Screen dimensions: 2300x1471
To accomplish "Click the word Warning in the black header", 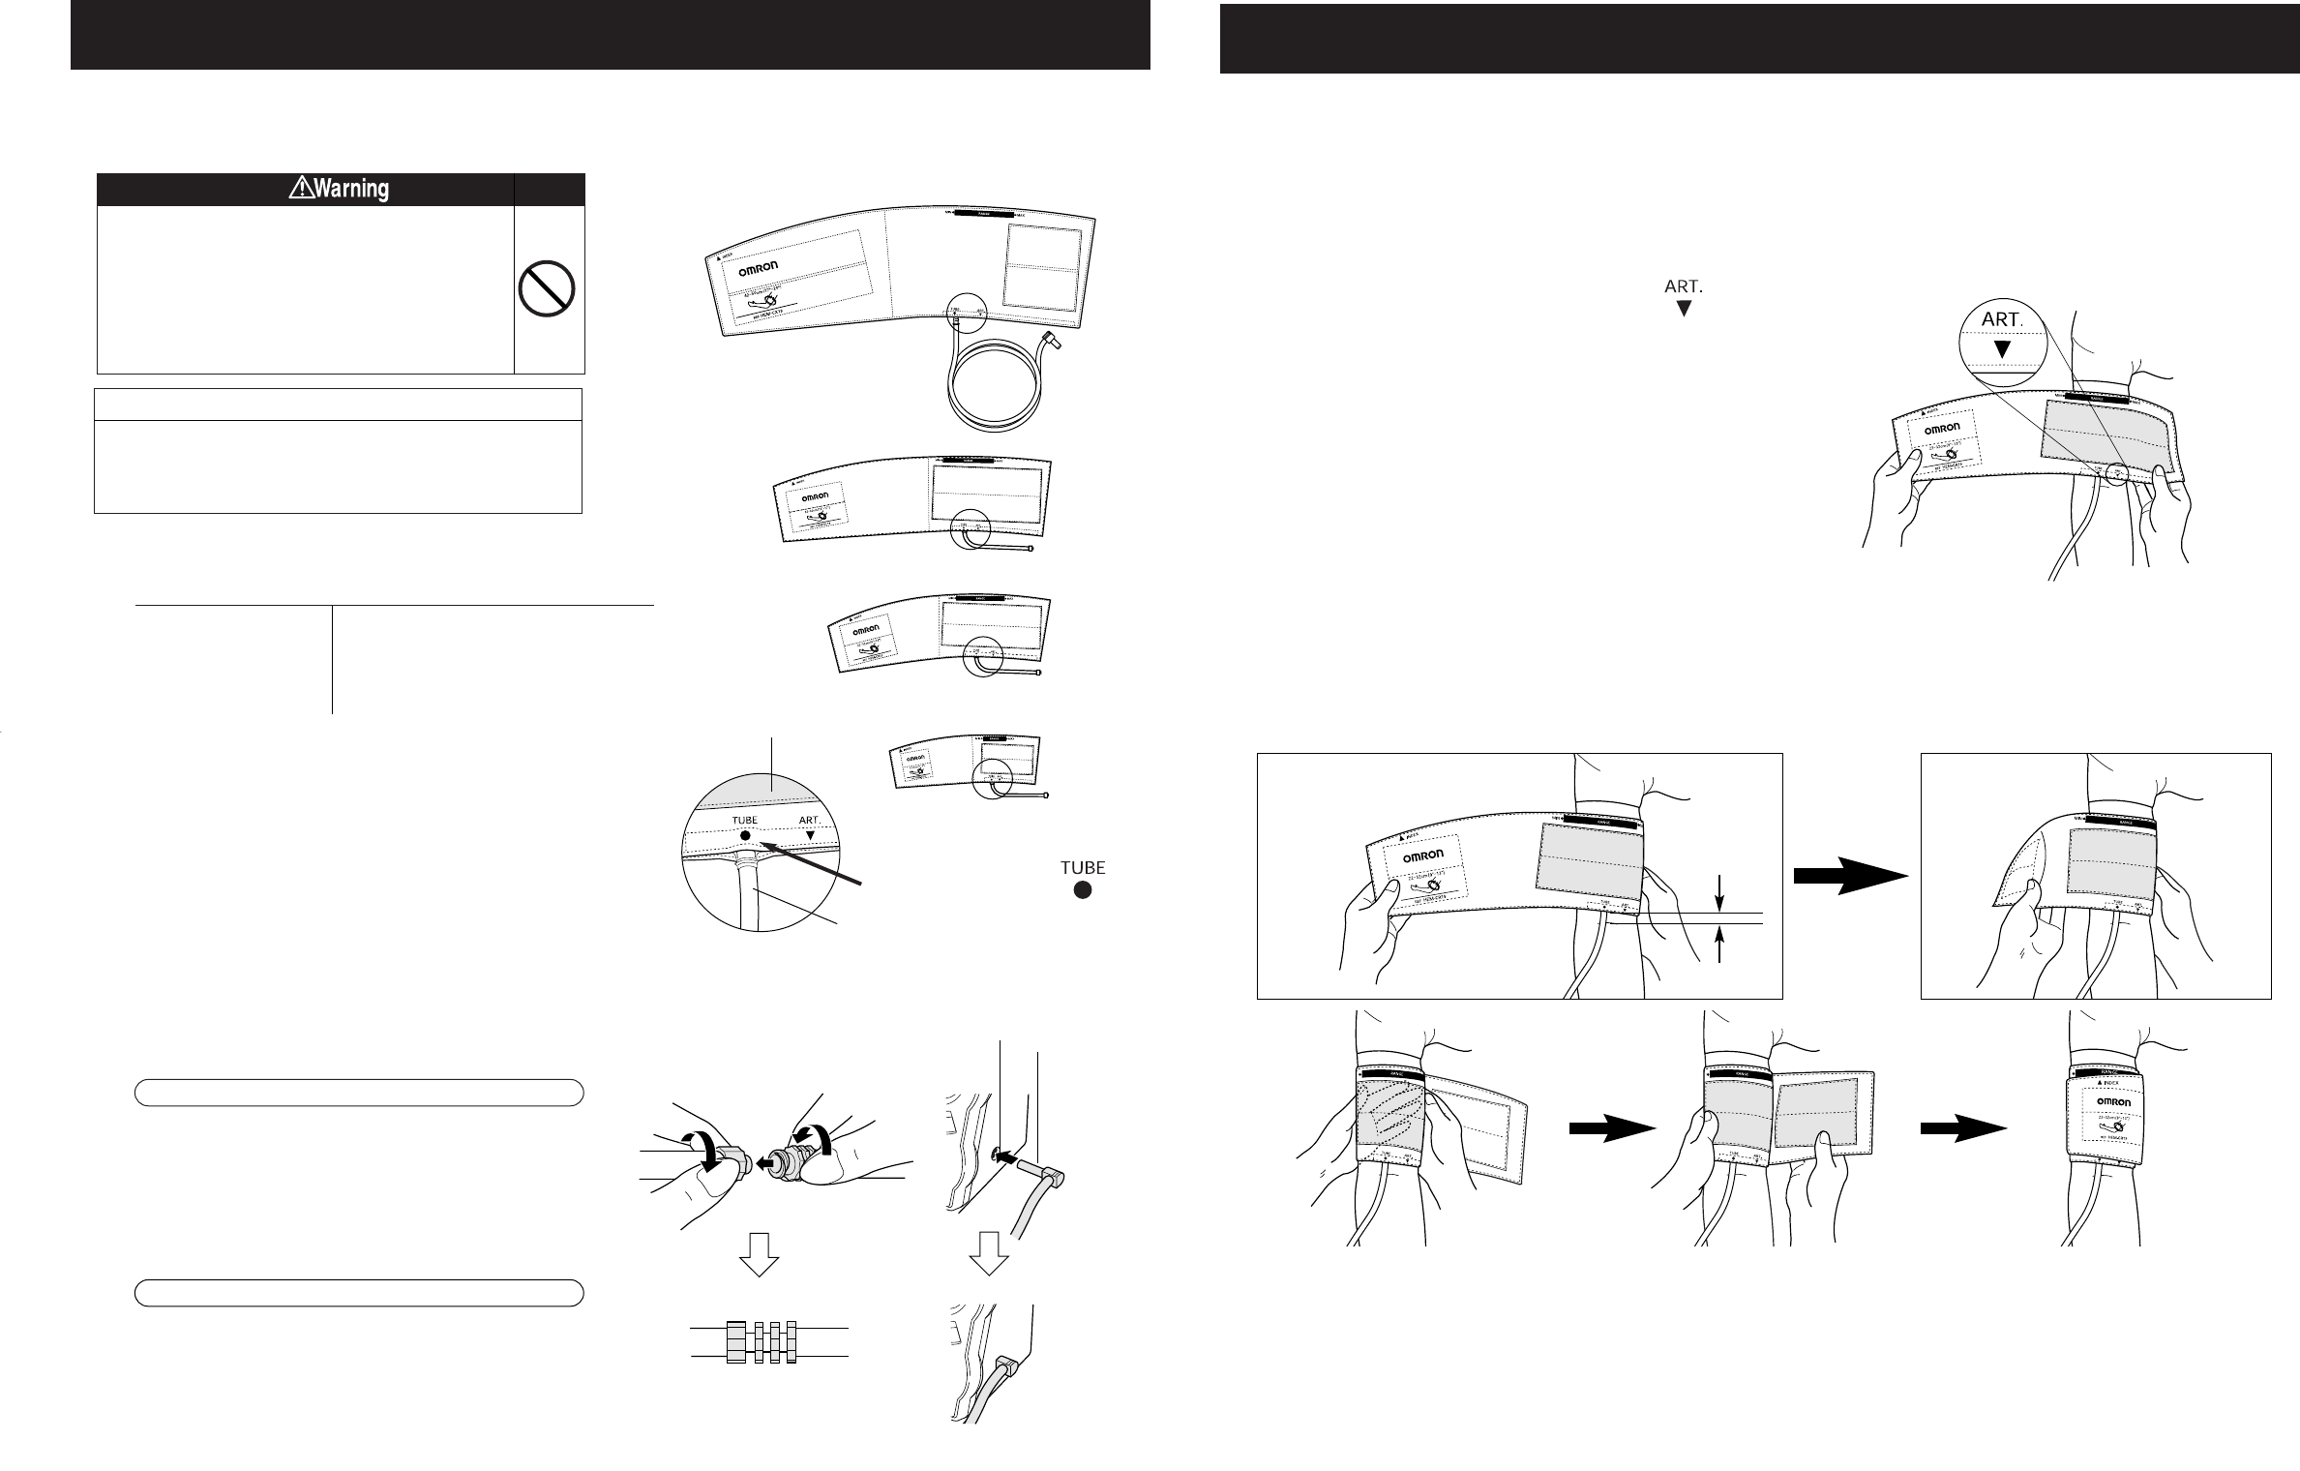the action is pyautogui.click(x=351, y=189).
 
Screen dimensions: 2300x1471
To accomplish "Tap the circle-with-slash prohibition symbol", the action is pyautogui.click(x=547, y=289).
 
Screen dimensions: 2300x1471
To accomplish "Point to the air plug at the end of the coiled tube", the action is pyautogui.click(x=1050, y=341).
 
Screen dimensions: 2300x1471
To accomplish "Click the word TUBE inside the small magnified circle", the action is pyautogui.click(x=744, y=820).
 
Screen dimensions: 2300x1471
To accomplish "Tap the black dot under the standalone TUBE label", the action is pyautogui.click(x=1083, y=890).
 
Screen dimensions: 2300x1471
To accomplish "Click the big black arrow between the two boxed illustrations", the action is pyautogui.click(x=1850, y=875).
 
